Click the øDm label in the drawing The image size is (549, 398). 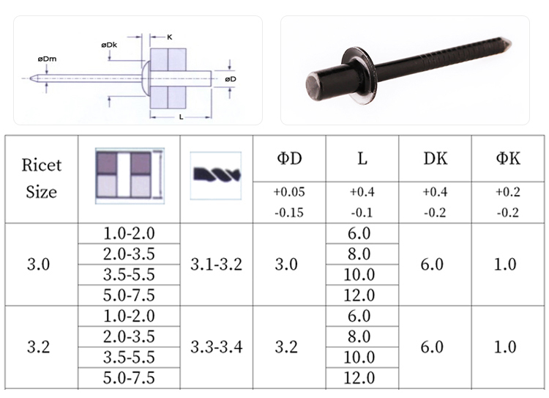[x=47, y=59]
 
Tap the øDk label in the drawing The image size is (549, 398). [x=109, y=45]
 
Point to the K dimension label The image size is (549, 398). [x=170, y=37]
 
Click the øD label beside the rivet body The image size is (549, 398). [x=231, y=79]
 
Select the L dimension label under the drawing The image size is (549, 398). [x=181, y=117]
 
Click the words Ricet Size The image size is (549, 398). [x=41, y=179]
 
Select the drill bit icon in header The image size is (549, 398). [x=216, y=176]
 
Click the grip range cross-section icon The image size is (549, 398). [x=130, y=176]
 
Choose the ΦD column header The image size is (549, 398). [x=289, y=158]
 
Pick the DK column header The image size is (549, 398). [x=436, y=158]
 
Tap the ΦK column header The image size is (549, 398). [x=508, y=158]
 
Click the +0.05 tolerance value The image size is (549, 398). [x=289, y=192]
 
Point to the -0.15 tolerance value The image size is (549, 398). [x=289, y=213]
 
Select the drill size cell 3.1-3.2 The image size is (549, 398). [x=217, y=264]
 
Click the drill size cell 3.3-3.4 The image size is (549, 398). [x=217, y=347]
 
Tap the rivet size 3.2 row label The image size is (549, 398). [x=39, y=347]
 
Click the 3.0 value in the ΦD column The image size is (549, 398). [x=286, y=264]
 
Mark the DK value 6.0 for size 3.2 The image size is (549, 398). [x=432, y=347]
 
